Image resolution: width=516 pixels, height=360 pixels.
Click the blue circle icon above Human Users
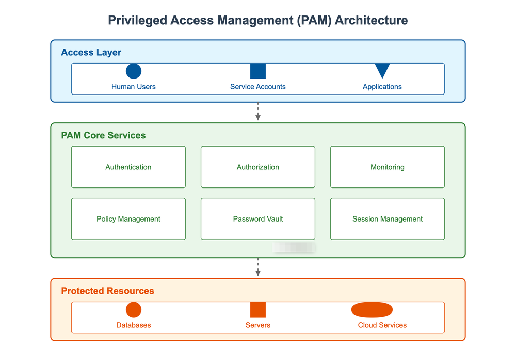click(134, 71)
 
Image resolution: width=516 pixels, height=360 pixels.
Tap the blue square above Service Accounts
click(258, 71)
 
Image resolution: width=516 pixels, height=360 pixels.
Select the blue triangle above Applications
click(382, 70)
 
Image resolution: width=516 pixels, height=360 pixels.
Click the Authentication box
click(128, 167)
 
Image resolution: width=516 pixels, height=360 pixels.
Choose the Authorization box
click(258, 167)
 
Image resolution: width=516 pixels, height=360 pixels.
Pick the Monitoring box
click(388, 167)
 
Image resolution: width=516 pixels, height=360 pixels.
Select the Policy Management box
click(128, 219)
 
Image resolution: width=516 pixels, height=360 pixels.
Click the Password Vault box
click(258, 219)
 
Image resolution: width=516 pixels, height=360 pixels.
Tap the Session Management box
click(388, 219)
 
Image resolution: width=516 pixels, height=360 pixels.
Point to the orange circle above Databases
click(134, 310)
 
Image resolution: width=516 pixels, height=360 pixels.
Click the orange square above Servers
click(258, 310)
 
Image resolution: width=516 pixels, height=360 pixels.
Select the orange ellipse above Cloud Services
click(372, 310)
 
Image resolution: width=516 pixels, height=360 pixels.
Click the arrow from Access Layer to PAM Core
click(258, 112)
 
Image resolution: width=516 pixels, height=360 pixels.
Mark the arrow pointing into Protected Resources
click(258, 268)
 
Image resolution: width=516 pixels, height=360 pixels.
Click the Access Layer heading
click(91, 53)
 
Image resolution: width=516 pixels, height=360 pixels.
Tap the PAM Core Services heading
click(103, 136)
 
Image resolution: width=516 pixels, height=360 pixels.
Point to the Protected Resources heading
click(107, 291)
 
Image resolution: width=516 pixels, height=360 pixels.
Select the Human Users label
click(134, 87)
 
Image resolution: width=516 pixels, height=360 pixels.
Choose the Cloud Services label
click(382, 325)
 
